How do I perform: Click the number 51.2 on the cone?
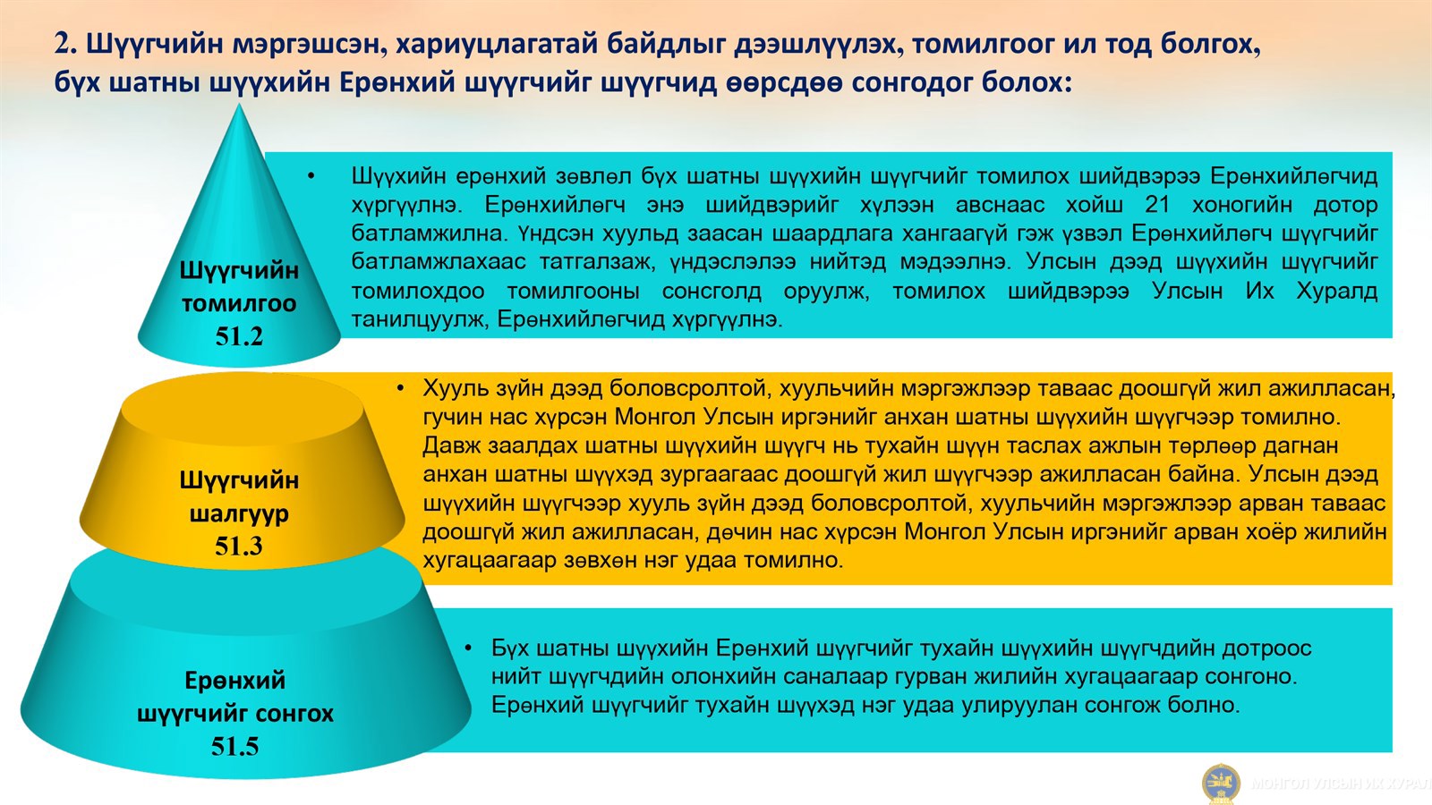point(239,336)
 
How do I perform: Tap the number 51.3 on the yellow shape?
point(238,546)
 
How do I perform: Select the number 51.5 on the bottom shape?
point(234,746)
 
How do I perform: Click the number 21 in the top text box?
point(1157,205)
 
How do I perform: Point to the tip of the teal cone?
point(239,104)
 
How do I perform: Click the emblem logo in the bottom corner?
point(1221,784)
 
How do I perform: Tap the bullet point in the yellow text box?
point(400,388)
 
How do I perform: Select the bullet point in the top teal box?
point(311,176)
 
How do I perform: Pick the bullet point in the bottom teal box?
point(469,648)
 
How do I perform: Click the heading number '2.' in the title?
point(66,44)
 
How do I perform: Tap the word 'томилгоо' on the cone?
point(238,303)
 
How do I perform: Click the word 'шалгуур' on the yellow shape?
point(238,513)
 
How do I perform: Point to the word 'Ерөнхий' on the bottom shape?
point(234,680)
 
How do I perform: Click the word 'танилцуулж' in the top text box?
point(418,318)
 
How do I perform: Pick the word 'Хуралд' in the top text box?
point(1337,291)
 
